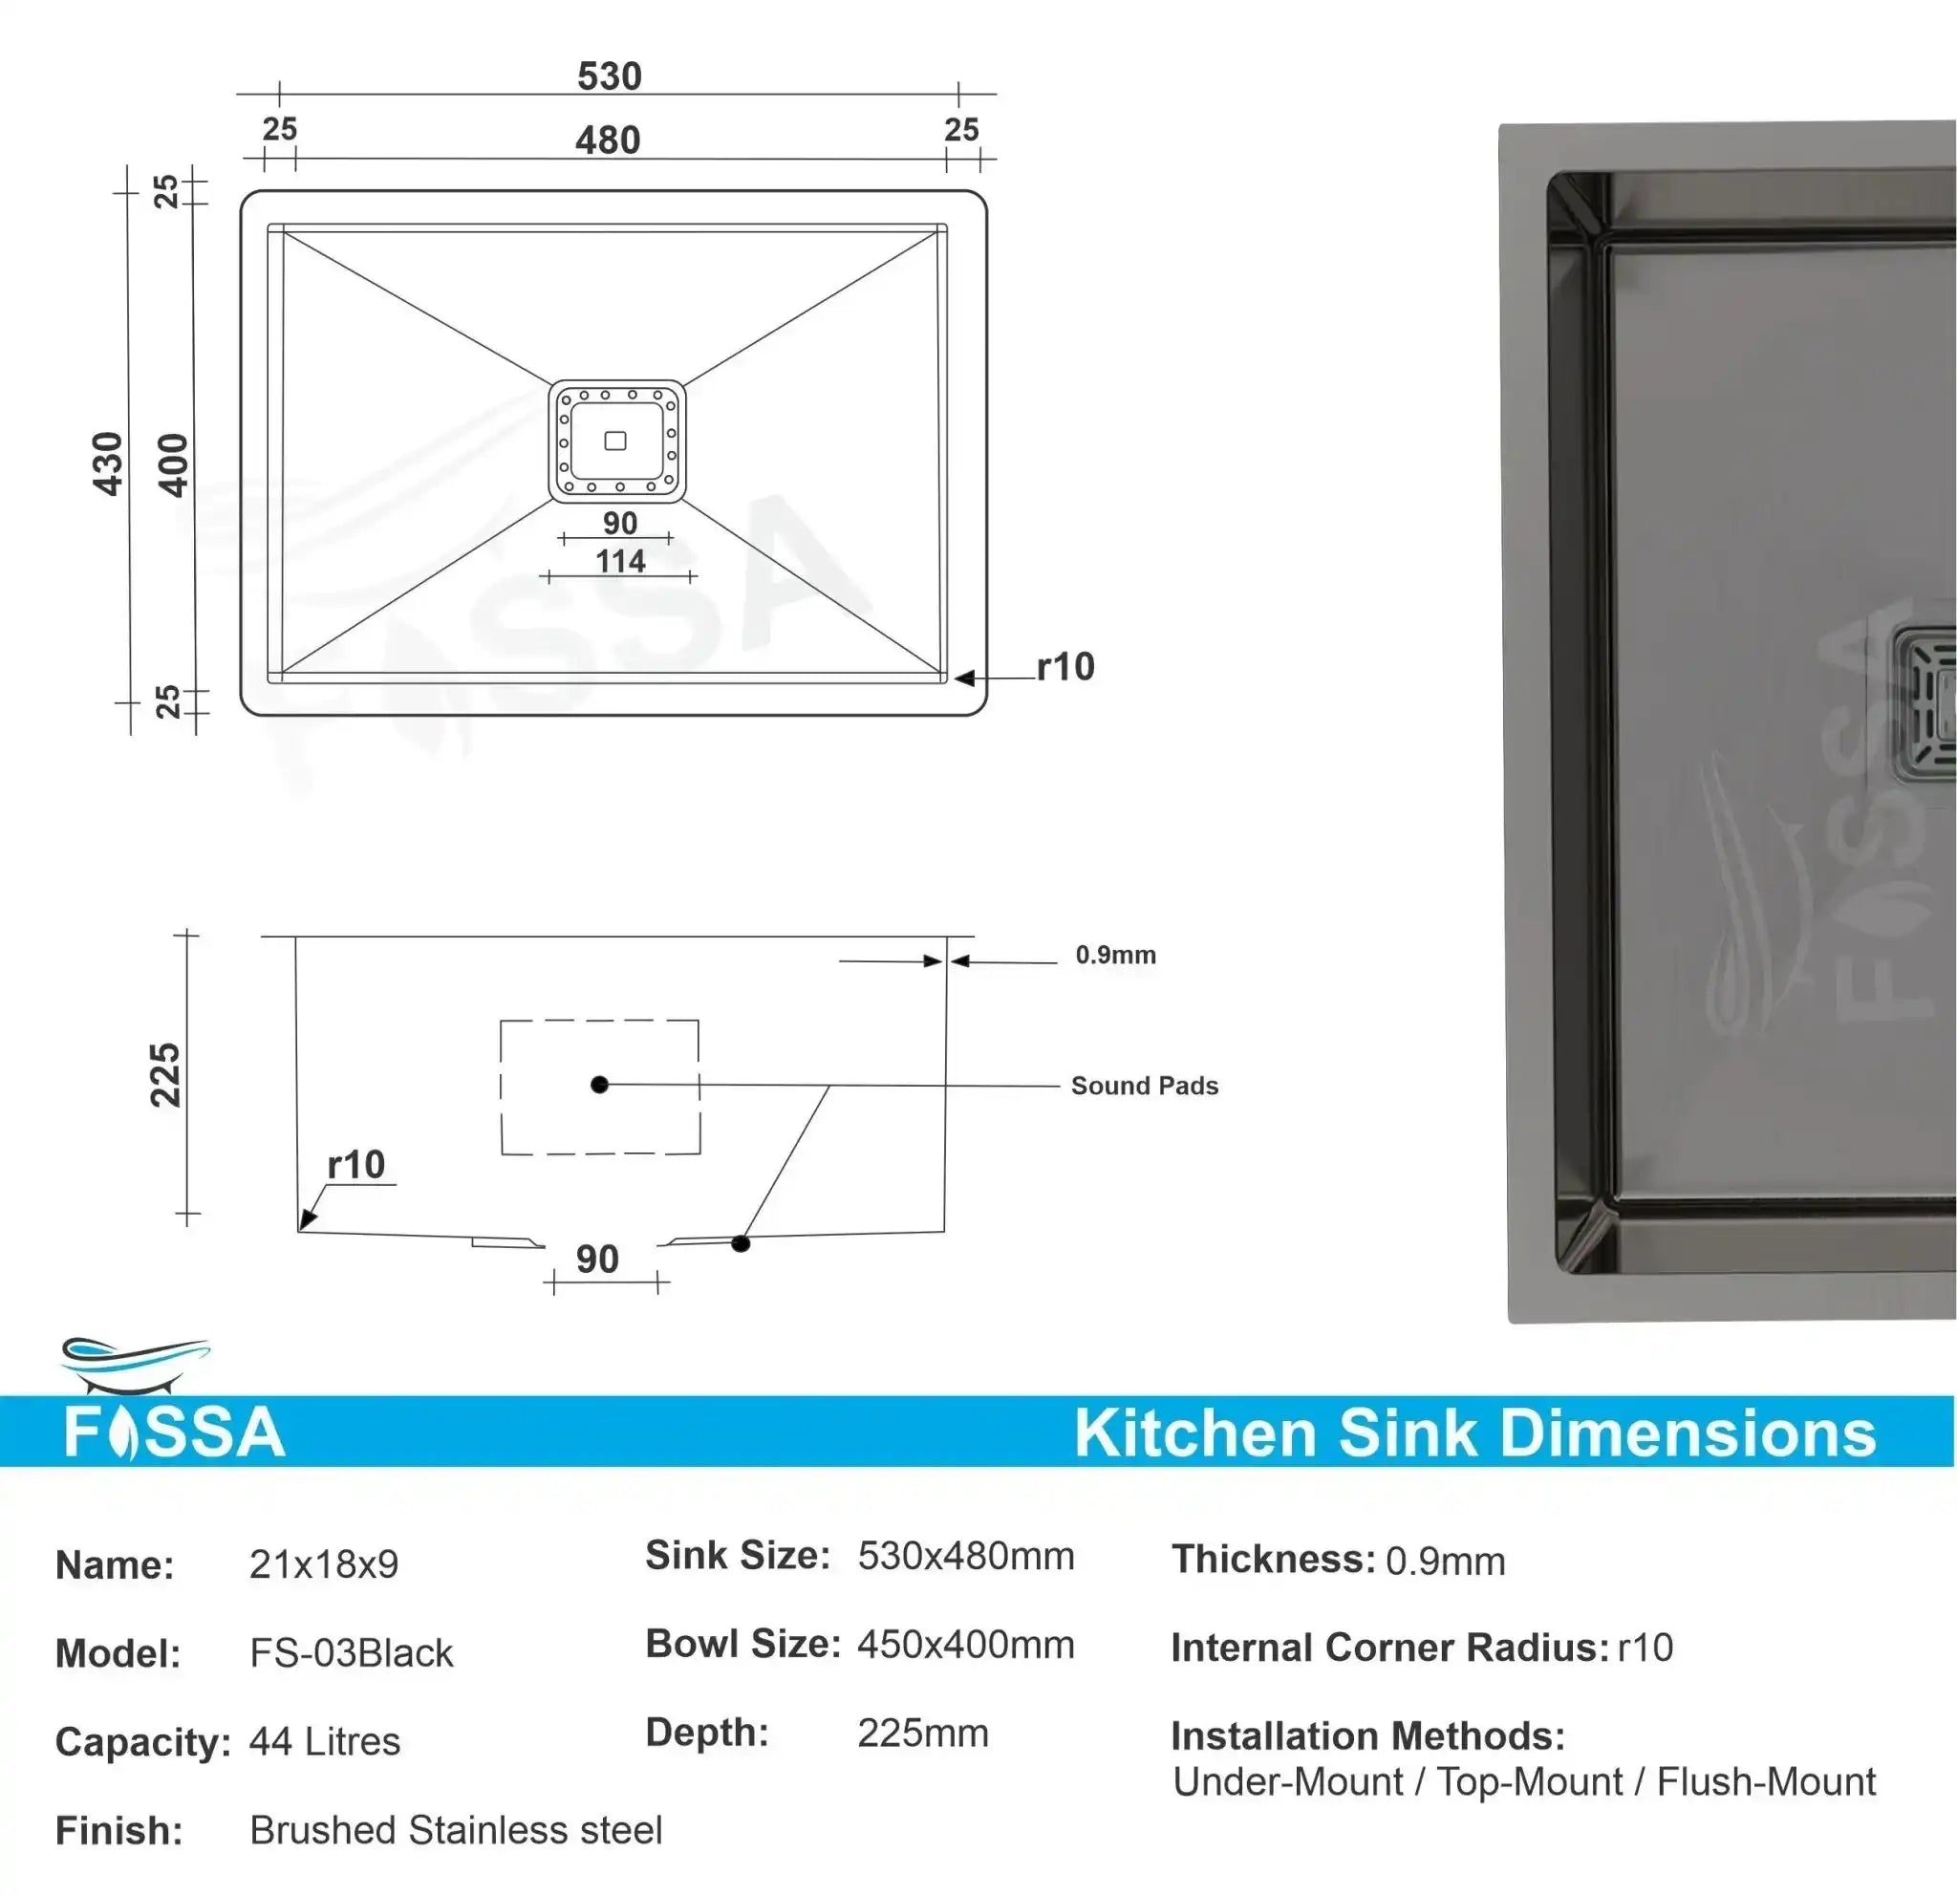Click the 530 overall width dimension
[609, 75]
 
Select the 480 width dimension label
[607, 140]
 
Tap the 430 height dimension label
[107, 463]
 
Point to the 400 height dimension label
[173, 465]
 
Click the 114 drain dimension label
[620, 561]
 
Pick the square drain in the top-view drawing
[616, 441]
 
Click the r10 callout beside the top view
[1065, 667]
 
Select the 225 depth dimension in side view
[164, 1074]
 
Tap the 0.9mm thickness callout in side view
[1115, 955]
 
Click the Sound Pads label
[1144, 1086]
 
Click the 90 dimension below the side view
[597, 1259]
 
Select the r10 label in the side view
[355, 1164]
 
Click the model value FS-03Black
[351, 1653]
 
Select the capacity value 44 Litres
[325, 1741]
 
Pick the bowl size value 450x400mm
[965, 1645]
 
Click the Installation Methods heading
[1366, 1736]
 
